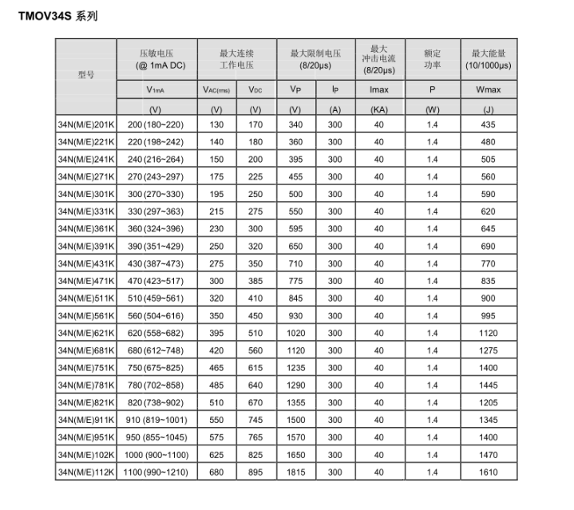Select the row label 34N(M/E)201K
tap(86, 125)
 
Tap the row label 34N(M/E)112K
tap(86, 472)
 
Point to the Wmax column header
tap(488, 90)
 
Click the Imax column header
tap(379, 90)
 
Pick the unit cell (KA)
tap(379, 109)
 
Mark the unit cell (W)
tap(432, 109)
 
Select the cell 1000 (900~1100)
tap(158, 455)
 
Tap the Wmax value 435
tap(488, 125)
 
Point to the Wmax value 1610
tap(488, 472)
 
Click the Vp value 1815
tap(295, 472)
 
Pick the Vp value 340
tap(295, 125)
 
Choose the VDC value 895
tap(255, 472)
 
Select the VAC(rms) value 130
tap(216, 125)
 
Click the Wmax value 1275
tap(488, 350)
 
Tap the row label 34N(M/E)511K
tap(86, 298)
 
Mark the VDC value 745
tap(255, 420)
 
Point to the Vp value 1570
tap(295, 437)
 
